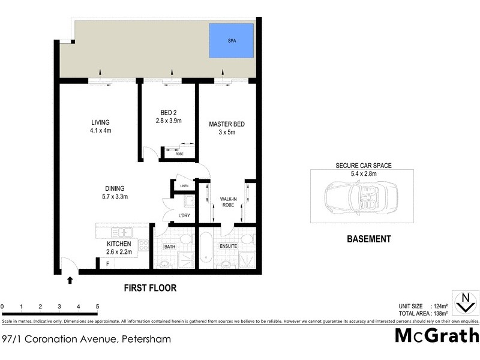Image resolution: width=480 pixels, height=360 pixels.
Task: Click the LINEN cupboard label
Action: point(184,186)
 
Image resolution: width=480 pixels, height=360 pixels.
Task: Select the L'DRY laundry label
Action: point(184,215)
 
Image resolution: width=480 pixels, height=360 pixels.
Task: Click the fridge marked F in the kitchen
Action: point(107,263)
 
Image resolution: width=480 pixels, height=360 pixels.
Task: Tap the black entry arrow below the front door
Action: point(70,280)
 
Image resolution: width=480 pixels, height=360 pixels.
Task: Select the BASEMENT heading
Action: point(369,239)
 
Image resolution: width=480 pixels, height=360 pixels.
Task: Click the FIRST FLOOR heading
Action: point(150,288)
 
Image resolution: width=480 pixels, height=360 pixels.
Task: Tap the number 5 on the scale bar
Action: point(97,307)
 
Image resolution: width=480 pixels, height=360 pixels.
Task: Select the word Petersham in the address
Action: point(146,339)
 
